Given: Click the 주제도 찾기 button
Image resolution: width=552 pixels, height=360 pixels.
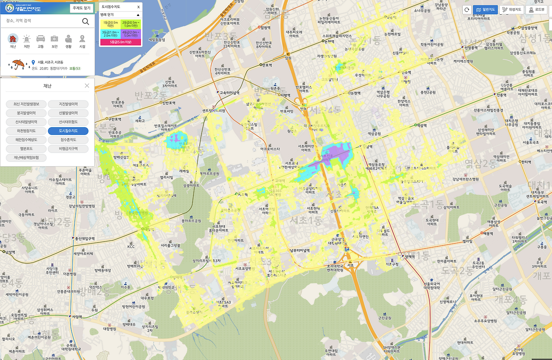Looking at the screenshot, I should point(82,8).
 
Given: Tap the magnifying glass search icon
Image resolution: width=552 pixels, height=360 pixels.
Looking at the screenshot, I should point(85,22).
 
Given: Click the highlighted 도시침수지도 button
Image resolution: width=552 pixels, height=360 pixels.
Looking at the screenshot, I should point(68,131).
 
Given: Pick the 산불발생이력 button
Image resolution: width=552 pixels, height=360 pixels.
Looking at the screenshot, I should point(68,113).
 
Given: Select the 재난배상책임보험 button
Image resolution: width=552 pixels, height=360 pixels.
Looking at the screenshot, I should point(26,157).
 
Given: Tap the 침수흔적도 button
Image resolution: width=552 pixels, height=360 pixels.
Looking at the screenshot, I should point(68,140).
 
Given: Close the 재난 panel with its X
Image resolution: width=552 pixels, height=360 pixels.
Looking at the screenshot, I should point(87,86).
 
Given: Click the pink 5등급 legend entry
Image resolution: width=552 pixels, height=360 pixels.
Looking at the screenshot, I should point(121,42).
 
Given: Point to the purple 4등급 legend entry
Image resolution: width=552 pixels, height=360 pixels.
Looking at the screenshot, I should point(131,34).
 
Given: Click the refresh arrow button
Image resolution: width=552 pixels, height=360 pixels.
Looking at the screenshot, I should point(467,9).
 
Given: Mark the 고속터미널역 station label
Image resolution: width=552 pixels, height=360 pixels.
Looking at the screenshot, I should point(229,92).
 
